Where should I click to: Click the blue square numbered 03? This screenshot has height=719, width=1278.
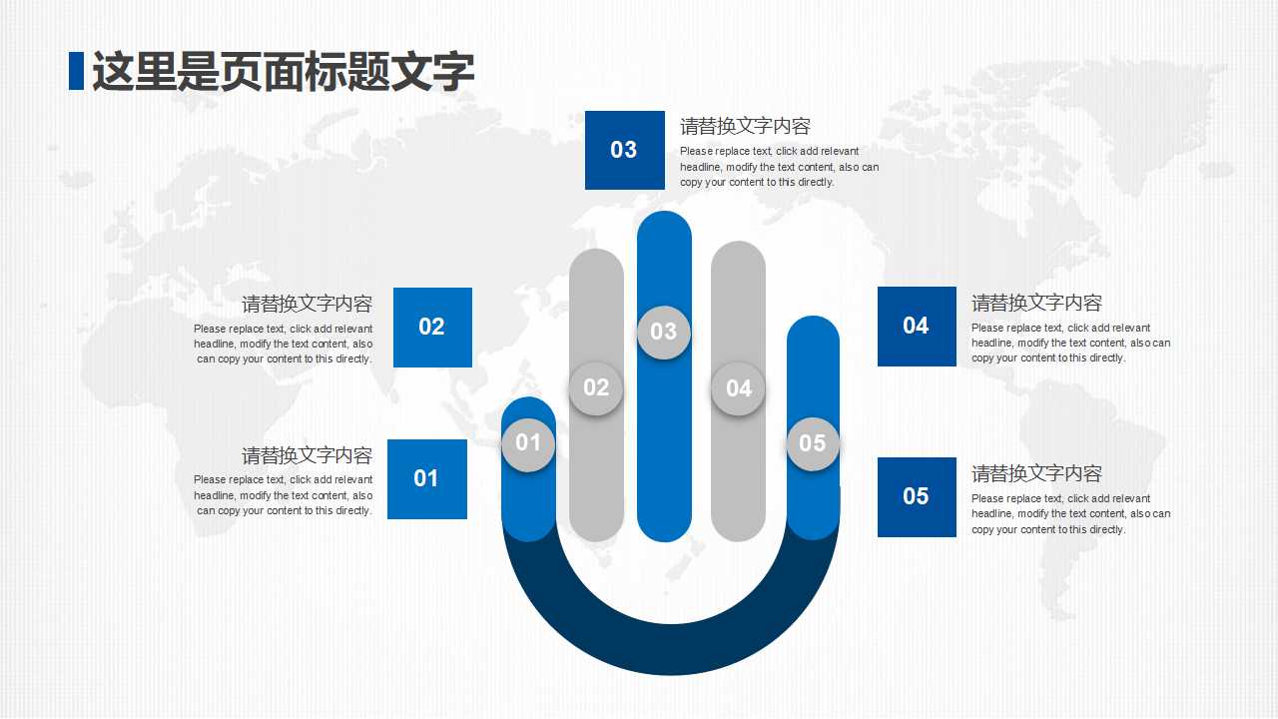[x=624, y=150]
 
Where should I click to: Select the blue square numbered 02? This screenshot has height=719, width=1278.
[x=432, y=327]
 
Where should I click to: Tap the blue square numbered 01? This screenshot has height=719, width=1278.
[x=426, y=478]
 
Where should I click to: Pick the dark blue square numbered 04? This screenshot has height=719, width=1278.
[x=917, y=326]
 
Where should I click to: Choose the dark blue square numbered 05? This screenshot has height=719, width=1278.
[x=917, y=496]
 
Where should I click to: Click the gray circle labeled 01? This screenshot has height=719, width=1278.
[x=528, y=443]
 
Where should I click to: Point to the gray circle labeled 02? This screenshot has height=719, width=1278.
[x=596, y=387]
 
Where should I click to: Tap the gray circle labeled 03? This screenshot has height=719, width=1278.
[x=664, y=332]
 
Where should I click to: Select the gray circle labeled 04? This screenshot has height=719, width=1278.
[x=739, y=388]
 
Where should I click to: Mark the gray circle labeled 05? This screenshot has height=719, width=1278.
[x=813, y=443]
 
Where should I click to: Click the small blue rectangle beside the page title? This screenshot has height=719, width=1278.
[x=76, y=70]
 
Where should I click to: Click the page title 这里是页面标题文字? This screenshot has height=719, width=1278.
[x=283, y=72]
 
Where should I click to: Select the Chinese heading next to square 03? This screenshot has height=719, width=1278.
[x=745, y=126]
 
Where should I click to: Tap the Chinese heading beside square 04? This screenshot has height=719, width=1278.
[x=1036, y=303]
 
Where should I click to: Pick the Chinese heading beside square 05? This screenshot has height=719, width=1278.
[x=1036, y=473]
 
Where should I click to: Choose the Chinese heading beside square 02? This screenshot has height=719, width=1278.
[x=307, y=304]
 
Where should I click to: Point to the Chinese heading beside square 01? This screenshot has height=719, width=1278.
[x=307, y=455]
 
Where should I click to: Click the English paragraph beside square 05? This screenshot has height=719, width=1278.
[x=1070, y=514]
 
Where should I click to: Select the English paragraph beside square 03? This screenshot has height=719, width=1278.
[x=779, y=167]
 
